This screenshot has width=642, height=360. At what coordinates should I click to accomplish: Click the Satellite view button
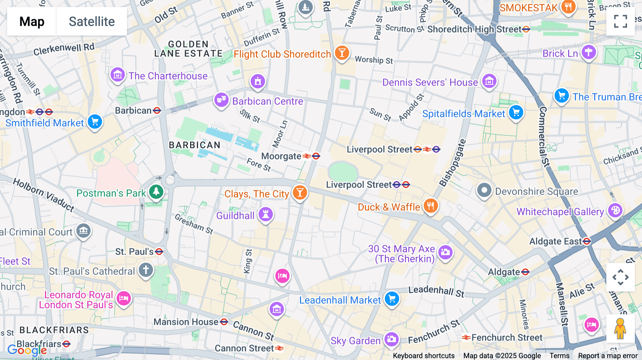click(x=92, y=21)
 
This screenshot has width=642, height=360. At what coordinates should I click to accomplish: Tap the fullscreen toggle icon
click(x=620, y=21)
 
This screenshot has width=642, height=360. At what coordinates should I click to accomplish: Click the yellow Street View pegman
click(x=620, y=329)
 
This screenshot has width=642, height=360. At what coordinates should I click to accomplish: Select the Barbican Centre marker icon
click(x=221, y=100)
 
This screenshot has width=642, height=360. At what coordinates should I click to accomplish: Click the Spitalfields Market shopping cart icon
click(x=516, y=113)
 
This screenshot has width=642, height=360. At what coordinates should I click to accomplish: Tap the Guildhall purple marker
click(x=266, y=215)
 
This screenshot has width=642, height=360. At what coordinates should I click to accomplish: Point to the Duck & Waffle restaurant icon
click(x=430, y=206)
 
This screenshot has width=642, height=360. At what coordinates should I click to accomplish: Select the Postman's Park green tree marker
click(x=156, y=192)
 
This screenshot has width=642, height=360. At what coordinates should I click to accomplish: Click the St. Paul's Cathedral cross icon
click(x=146, y=270)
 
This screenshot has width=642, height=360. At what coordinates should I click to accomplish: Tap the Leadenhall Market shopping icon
click(x=392, y=299)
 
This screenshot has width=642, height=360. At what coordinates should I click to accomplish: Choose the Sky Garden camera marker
click(x=391, y=339)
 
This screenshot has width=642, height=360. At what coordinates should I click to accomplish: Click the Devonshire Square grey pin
click(x=484, y=190)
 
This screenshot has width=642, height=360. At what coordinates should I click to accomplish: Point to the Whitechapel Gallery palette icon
click(x=615, y=210)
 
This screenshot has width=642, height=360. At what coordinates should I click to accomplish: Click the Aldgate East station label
click(x=556, y=241)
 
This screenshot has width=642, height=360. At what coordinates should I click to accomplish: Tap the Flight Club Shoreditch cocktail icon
click(x=342, y=53)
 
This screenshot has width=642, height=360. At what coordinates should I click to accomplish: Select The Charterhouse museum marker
click(x=117, y=75)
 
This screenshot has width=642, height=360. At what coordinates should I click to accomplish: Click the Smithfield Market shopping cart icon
click(x=95, y=122)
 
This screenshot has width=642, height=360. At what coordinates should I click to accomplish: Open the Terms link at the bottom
click(x=559, y=355)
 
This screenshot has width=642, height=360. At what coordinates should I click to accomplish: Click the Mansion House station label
click(x=186, y=322)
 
